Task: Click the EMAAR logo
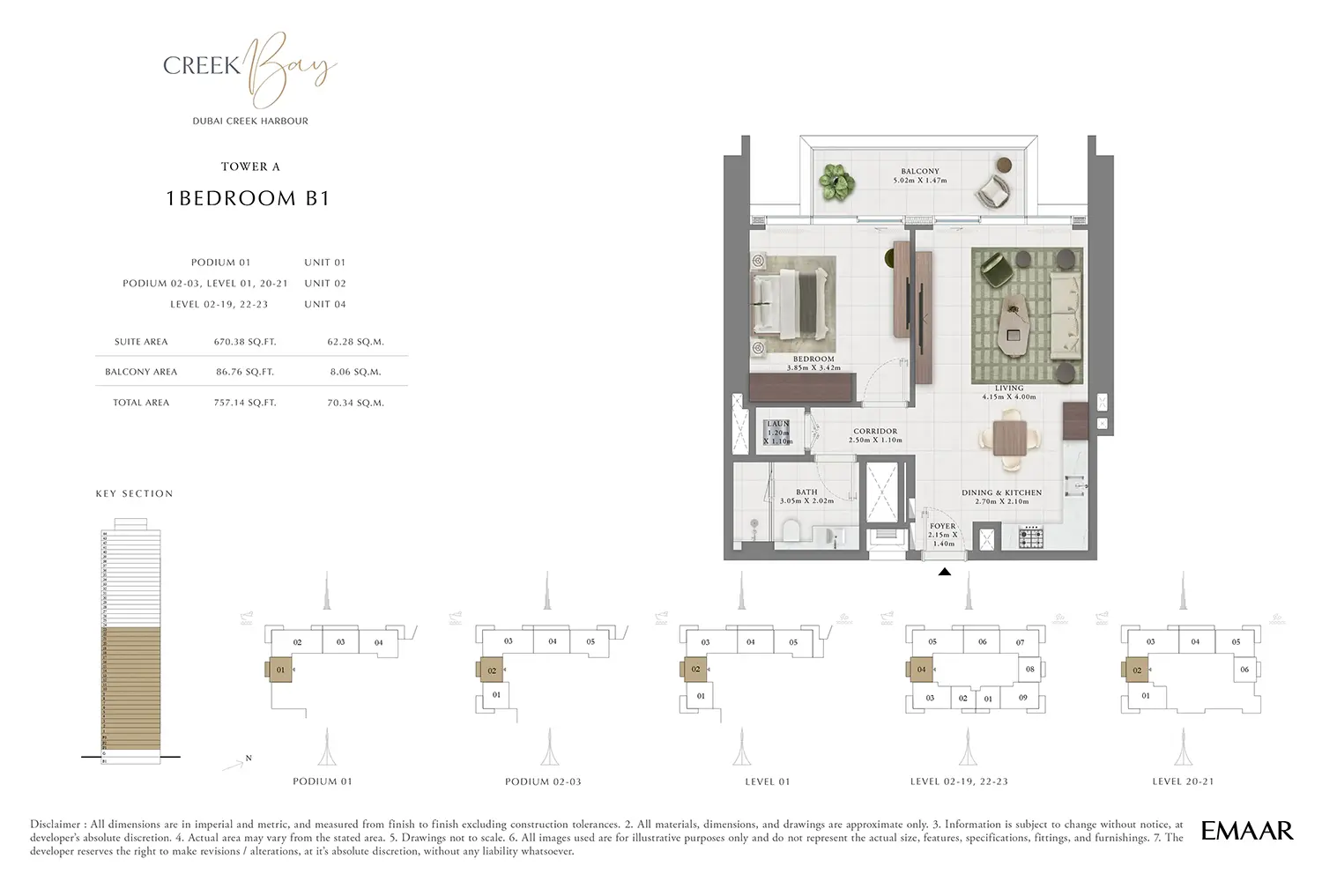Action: click(x=1247, y=830)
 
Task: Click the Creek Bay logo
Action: click(x=250, y=69)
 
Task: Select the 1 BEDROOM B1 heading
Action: click(x=248, y=198)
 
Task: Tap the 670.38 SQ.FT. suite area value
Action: click(x=245, y=342)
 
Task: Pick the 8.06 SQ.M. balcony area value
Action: click(x=355, y=372)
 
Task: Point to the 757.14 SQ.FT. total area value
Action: click(x=245, y=403)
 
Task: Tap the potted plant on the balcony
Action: click(x=836, y=182)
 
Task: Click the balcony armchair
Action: click(x=994, y=189)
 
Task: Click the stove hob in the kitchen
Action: click(x=1030, y=536)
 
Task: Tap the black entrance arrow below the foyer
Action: click(x=944, y=572)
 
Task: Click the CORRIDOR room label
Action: click(x=875, y=432)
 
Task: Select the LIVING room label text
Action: click(x=1009, y=389)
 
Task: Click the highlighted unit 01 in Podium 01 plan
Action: click(x=280, y=670)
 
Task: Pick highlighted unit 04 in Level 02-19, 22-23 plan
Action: click(x=921, y=670)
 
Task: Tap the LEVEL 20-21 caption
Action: click(x=1183, y=781)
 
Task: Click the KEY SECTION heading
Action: click(x=134, y=494)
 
